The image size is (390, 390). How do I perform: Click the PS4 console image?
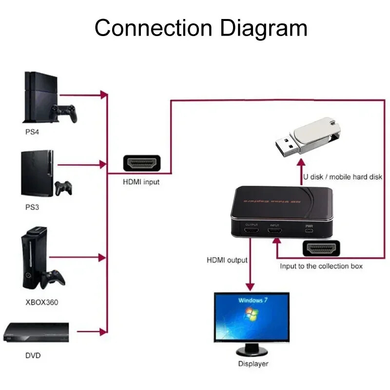pos(41,97)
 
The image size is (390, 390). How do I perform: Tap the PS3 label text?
pos(32,207)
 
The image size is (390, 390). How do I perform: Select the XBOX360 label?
pos(41,302)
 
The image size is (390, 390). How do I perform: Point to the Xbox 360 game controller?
pos(54,278)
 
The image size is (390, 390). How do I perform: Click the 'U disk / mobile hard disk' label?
pos(343,176)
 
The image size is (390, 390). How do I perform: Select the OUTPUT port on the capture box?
pos(252,232)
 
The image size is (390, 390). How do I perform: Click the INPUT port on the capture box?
pos(275,232)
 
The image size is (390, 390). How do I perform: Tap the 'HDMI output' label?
pos(227,260)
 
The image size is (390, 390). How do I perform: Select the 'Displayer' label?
pos(253,364)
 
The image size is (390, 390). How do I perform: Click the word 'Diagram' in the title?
pos(263,28)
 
